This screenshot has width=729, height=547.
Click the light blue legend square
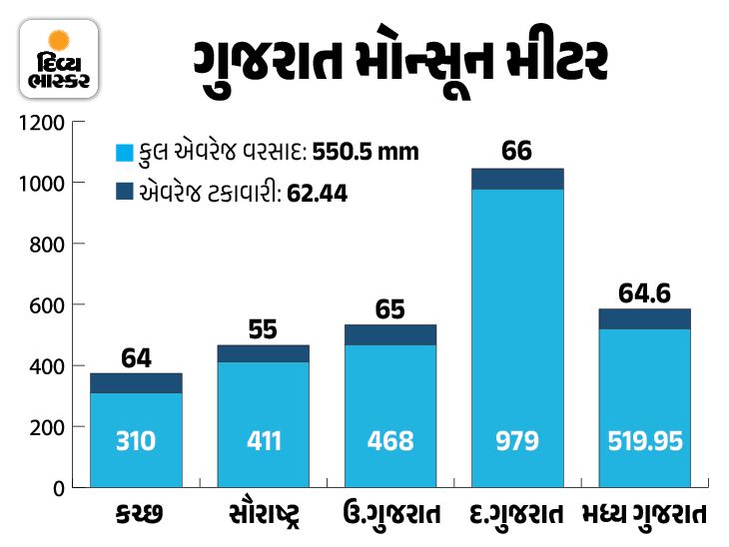point(124,153)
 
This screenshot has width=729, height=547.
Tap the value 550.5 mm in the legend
point(365,153)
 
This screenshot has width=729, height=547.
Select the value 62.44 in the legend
point(317,193)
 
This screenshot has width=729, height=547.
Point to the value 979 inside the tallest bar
point(517,440)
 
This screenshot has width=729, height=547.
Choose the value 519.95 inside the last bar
point(644,440)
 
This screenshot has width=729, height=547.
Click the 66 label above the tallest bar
point(516,152)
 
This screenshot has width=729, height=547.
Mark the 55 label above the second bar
point(263,329)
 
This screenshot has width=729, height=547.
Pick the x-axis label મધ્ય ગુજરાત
point(644,516)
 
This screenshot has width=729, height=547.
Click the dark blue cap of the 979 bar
point(517,179)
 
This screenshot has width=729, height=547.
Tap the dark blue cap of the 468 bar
point(390,334)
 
